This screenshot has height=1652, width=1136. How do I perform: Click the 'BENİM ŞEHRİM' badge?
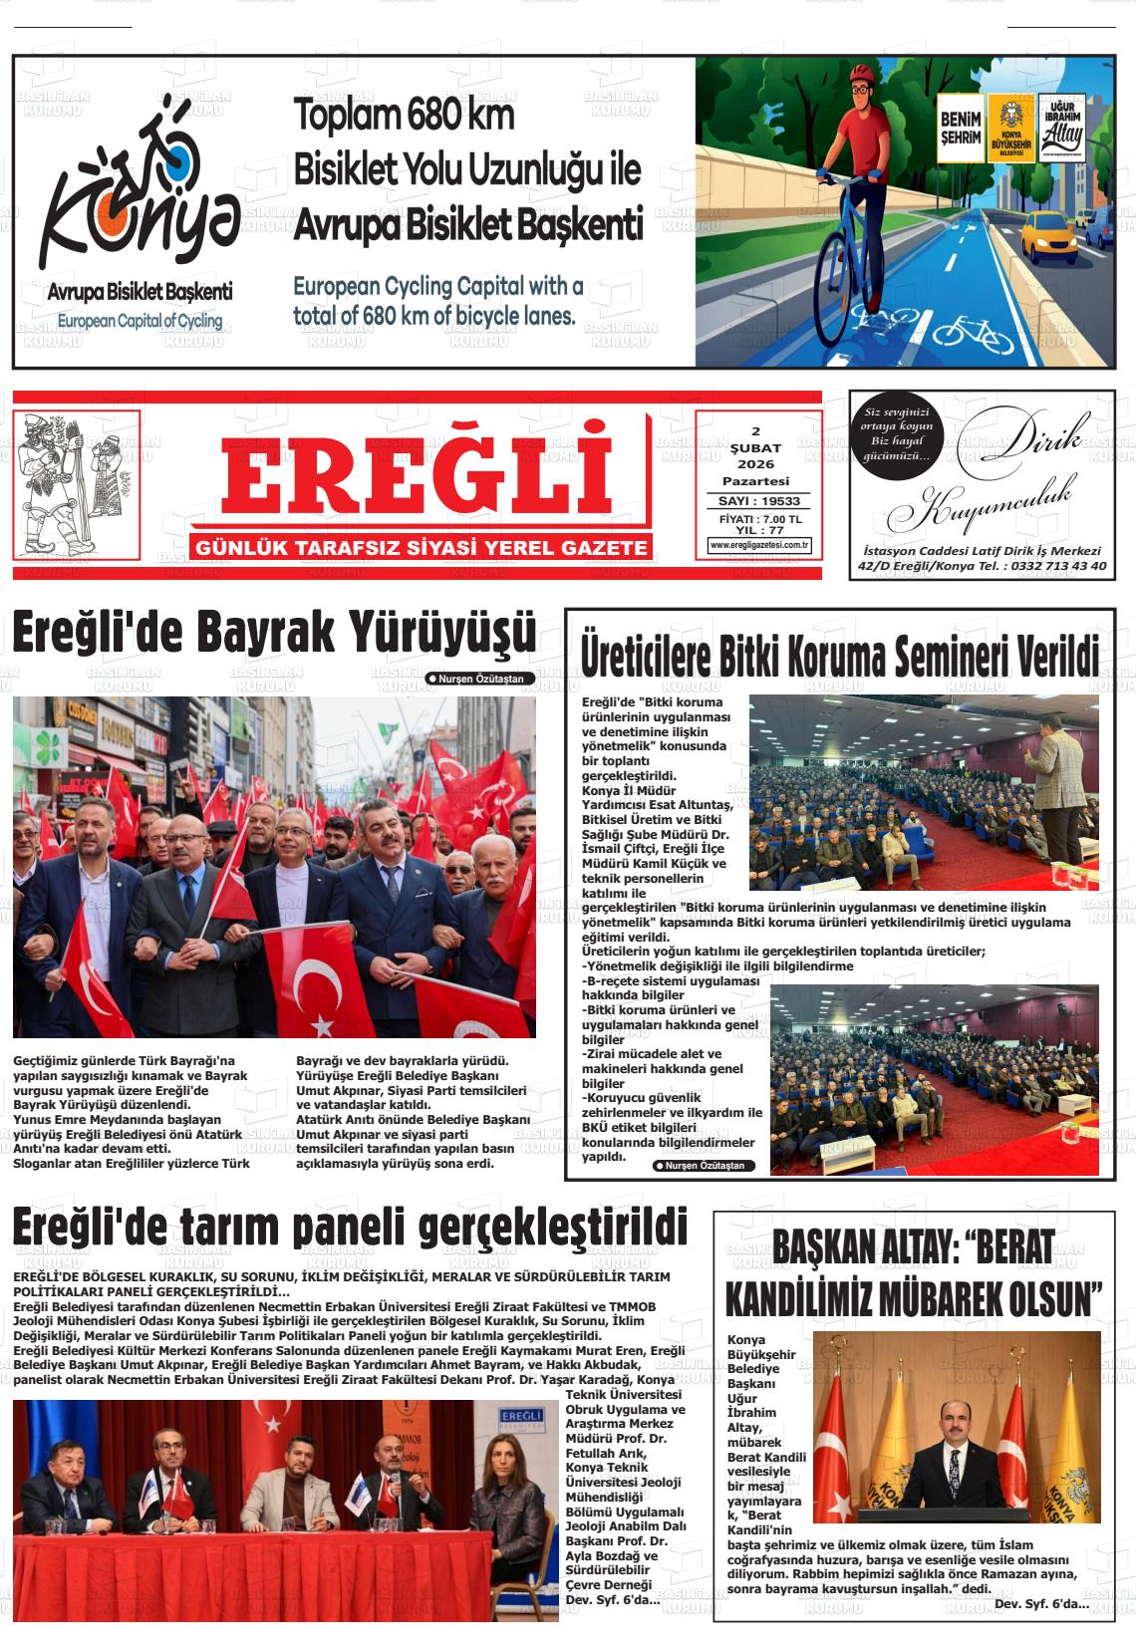click(x=961, y=129)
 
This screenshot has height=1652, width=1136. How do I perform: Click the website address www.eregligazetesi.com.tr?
click(x=759, y=545)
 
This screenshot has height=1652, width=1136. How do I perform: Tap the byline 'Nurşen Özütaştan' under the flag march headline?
click(x=480, y=679)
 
